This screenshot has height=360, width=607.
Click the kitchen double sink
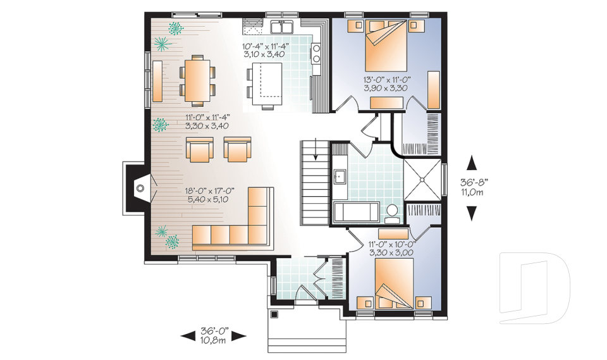click(282, 27)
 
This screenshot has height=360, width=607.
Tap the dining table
click(197, 80)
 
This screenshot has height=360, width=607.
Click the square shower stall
click(422, 180)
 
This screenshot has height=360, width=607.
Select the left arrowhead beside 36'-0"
click(188, 336)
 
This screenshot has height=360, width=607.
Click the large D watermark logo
click(534, 288)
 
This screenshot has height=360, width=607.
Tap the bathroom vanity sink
click(340, 177)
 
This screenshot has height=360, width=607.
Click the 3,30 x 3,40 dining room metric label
click(207, 125)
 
